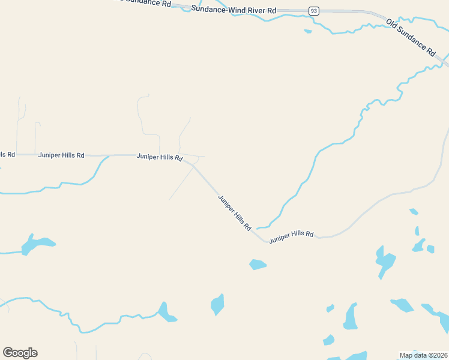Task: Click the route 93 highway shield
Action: [x=313, y=11]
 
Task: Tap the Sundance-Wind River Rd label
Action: [x=234, y=10]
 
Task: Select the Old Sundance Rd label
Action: [x=411, y=38]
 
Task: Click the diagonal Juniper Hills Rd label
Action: [x=234, y=214]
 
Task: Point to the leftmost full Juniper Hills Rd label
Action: [x=61, y=155]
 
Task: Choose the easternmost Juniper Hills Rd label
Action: [x=291, y=236]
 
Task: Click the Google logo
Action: [x=20, y=353]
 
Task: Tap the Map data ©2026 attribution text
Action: [x=423, y=355]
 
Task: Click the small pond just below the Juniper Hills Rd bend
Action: [x=258, y=264]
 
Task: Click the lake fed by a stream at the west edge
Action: [x=36, y=244]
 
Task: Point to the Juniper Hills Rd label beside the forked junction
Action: [x=159, y=157]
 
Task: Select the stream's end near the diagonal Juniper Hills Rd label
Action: [x=258, y=228]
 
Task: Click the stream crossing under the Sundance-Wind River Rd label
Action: [x=200, y=6]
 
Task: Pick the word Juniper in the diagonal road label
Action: [x=226, y=205]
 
